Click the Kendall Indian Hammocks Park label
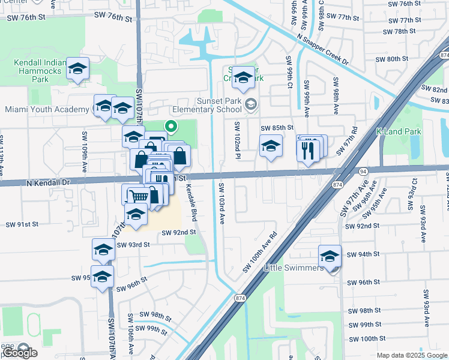pos(40,78)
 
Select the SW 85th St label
pos(277,128)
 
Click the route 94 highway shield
pos(363,171)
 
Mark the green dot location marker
pos(170,126)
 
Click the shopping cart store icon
pos(139,195)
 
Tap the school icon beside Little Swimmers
pos(330,256)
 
